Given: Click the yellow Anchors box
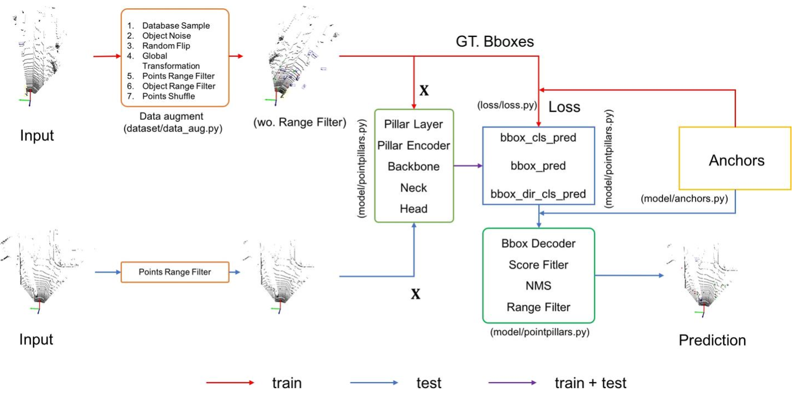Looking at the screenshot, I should [736, 161].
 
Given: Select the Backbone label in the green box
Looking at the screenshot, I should [413, 167].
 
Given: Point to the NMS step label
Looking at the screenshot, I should [538, 286].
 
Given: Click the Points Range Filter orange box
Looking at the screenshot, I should [174, 272].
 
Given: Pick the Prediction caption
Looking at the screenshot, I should [712, 340].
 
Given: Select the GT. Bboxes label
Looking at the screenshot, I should [495, 41].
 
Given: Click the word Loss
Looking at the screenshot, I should [564, 107].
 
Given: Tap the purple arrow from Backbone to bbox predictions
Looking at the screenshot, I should [468, 166].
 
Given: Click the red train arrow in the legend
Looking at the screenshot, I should [230, 383].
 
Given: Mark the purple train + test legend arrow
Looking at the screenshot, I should [512, 383].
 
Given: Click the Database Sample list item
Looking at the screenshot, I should [176, 26].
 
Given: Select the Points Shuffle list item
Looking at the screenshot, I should [168, 96].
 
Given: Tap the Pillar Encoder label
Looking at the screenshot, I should [413, 146].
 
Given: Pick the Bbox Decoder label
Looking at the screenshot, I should [538, 243].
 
